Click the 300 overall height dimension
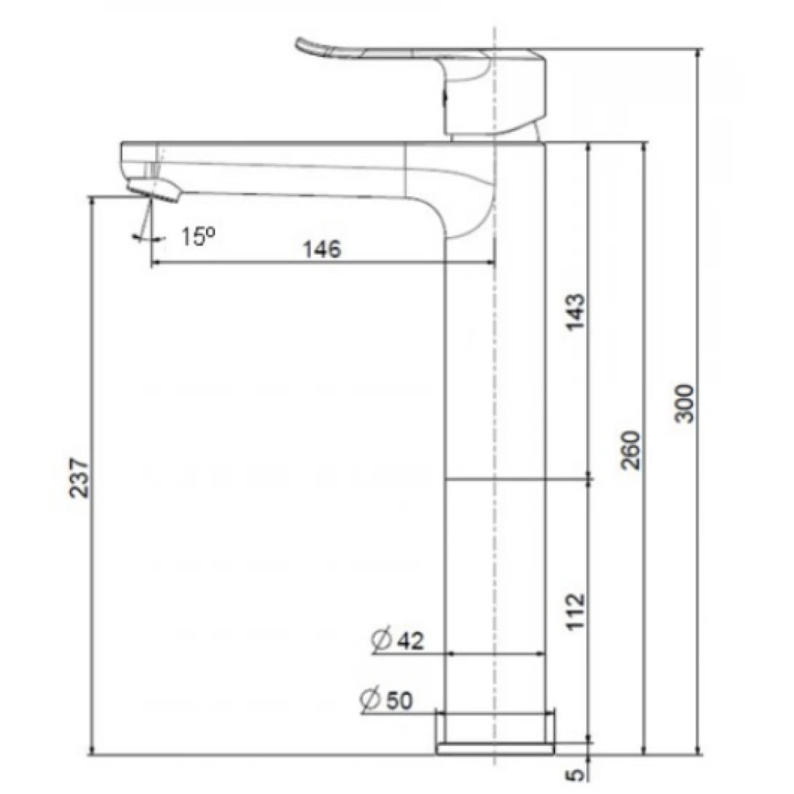pos(686,402)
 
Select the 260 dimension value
pos(632,449)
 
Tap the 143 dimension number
pos(575,312)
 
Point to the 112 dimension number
pos(575,610)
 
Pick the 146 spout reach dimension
pos(321,249)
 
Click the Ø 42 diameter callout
pos(396,641)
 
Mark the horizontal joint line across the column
pos(495,479)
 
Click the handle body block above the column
pos(495,95)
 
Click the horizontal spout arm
pos(291,168)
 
